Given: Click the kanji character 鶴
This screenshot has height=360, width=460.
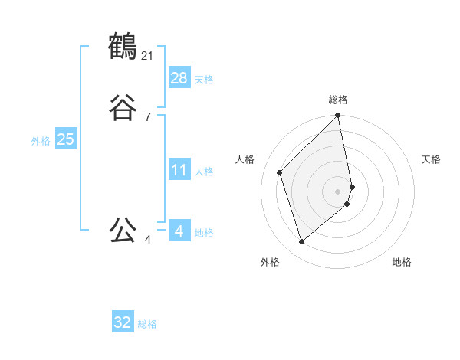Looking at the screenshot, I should (123, 47).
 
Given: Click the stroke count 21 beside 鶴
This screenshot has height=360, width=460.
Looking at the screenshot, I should (148, 55).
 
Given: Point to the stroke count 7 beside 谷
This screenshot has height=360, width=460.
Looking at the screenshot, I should (148, 116).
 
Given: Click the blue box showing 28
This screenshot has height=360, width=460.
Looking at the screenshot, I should (179, 77).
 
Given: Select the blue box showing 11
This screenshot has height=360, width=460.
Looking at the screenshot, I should (179, 169).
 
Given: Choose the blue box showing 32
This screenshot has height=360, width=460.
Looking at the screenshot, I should (123, 322).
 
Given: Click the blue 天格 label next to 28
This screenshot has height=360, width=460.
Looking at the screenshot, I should (204, 80).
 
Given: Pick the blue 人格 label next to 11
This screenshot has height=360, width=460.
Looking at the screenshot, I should (204, 172).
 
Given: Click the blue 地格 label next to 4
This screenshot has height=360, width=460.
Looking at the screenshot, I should (204, 233).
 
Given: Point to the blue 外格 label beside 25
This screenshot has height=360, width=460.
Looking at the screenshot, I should (41, 141).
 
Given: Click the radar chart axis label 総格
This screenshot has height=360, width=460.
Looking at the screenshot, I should (338, 100).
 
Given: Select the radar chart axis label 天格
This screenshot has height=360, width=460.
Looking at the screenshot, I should (431, 159).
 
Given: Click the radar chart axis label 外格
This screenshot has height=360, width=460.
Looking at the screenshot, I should (270, 262).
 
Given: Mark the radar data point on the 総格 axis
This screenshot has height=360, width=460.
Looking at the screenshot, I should (338, 116).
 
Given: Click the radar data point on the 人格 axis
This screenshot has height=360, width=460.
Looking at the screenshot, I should (280, 172).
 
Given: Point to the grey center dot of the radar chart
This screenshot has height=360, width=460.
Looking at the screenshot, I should (338, 191).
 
